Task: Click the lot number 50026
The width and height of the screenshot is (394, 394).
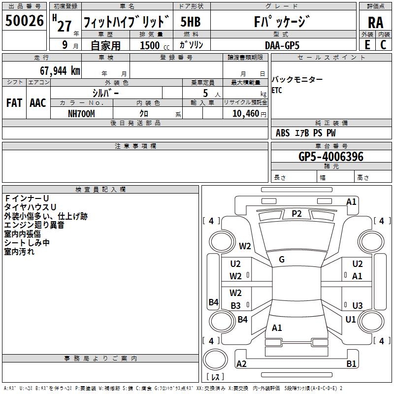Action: [x=24, y=21]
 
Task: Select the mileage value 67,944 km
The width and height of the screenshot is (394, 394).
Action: [x=60, y=71]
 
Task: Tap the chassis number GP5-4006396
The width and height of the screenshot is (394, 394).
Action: [x=331, y=157]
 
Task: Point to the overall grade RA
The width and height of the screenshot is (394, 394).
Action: [x=375, y=23]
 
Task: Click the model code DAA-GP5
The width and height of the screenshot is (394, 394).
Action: [x=282, y=45]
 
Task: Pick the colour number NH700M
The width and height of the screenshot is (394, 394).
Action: [x=81, y=114]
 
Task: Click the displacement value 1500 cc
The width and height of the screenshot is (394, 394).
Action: [x=155, y=45]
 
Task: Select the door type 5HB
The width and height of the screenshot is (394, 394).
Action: [x=191, y=22]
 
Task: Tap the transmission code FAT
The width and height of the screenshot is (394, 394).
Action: [x=14, y=103]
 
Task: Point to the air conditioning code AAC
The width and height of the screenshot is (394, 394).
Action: [x=38, y=103]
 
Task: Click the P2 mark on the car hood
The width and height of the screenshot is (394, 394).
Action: [x=296, y=214]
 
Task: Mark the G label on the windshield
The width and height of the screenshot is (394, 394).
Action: [x=282, y=260]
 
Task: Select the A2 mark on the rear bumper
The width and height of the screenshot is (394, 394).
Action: [x=241, y=363]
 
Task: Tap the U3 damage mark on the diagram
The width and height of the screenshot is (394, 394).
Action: [x=358, y=305]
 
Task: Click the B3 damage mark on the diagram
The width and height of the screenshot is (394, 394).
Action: [x=235, y=305]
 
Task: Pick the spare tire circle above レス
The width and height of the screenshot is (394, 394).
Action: [x=215, y=360]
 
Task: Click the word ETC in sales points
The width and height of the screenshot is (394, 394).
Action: [x=277, y=90]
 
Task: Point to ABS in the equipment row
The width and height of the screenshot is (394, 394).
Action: [x=283, y=133]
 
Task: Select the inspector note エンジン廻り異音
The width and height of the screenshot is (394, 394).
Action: [x=34, y=225]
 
